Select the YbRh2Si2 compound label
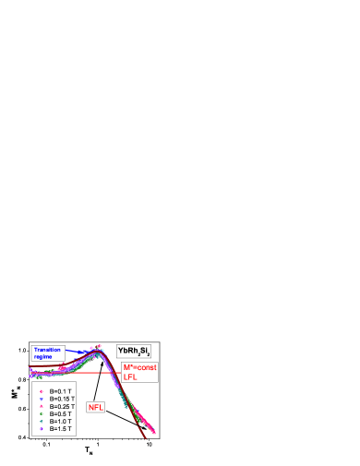134,352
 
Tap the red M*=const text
140,367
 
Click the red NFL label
95,407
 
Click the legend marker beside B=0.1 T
42,391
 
